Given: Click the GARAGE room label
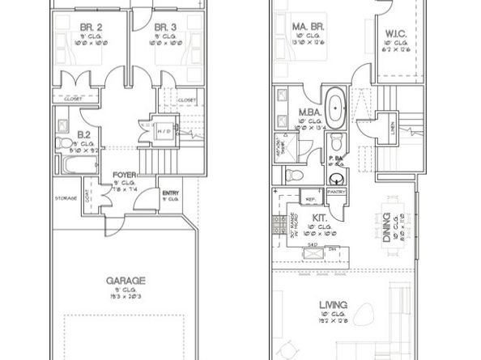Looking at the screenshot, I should (x=126, y=281).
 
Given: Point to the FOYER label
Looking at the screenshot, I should (x=123, y=174).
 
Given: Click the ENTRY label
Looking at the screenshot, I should (x=171, y=193).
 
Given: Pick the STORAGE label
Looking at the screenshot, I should (x=66, y=197).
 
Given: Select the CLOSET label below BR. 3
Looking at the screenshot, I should (x=186, y=100).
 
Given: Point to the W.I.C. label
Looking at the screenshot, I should (x=396, y=34).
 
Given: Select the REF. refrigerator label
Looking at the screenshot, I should (x=310, y=198).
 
